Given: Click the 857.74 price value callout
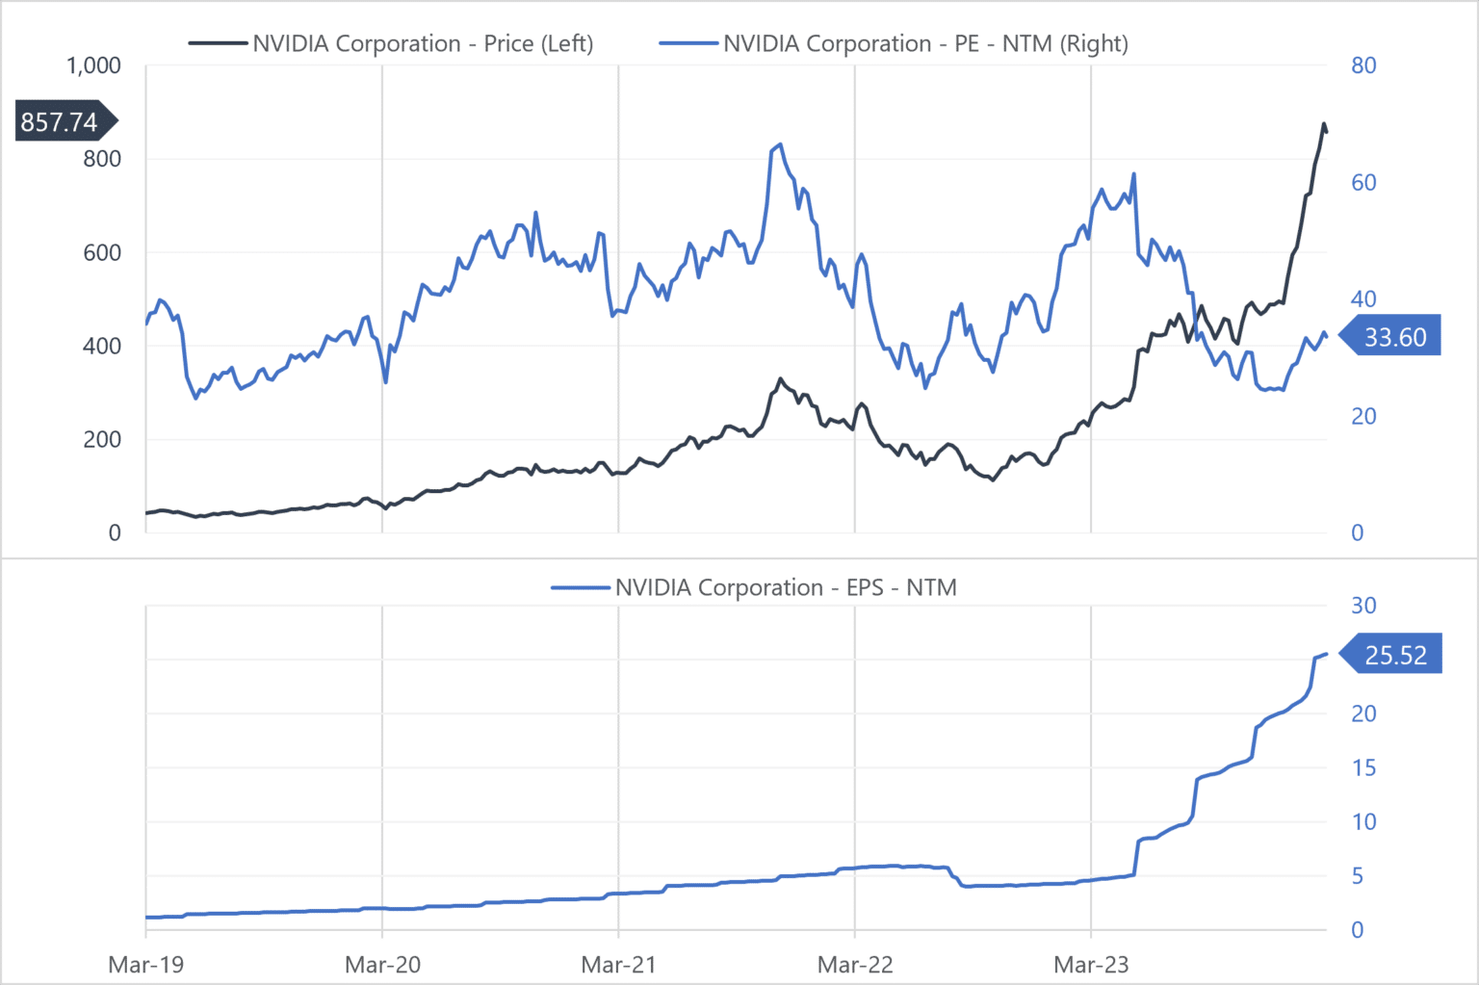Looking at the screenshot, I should pyautogui.click(x=60, y=121).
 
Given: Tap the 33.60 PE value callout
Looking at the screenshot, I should pyautogui.click(x=1395, y=337).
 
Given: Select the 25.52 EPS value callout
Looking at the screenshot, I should pyautogui.click(x=1395, y=655).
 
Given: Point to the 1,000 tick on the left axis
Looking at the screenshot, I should pyautogui.click(x=93, y=65).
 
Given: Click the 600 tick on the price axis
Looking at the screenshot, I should pyautogui.click(x=102, y=252).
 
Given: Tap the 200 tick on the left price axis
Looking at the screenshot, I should pyautogui.click(x=102, y=439).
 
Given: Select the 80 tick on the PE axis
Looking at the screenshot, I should pyautogui.click(x=1363, y=65).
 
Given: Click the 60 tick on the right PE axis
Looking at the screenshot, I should pyautogui.click(x=1363, y=182).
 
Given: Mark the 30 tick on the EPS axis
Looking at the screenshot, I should pyautogui.click(x=1363, y=606).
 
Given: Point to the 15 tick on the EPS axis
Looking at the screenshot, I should pyautogui.click(x=1363, y=767).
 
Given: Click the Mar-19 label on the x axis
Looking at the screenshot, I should pyautogui.click(x=145, y=964).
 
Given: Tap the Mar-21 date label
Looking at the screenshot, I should pyautogui.click(x=618, y=964).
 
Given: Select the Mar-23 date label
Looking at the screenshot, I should pyautogui.click(x=1091, y=964).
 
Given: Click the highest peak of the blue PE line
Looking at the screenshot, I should pyautogui.click(x=780, y=145).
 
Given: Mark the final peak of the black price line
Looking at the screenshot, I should pyautogui.click(x=1324, y=124).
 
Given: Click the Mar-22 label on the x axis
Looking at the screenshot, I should pyautogui.click(x=855, y=964).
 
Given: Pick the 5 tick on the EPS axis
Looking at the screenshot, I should pyautogui.click(x=1357, y=876).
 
